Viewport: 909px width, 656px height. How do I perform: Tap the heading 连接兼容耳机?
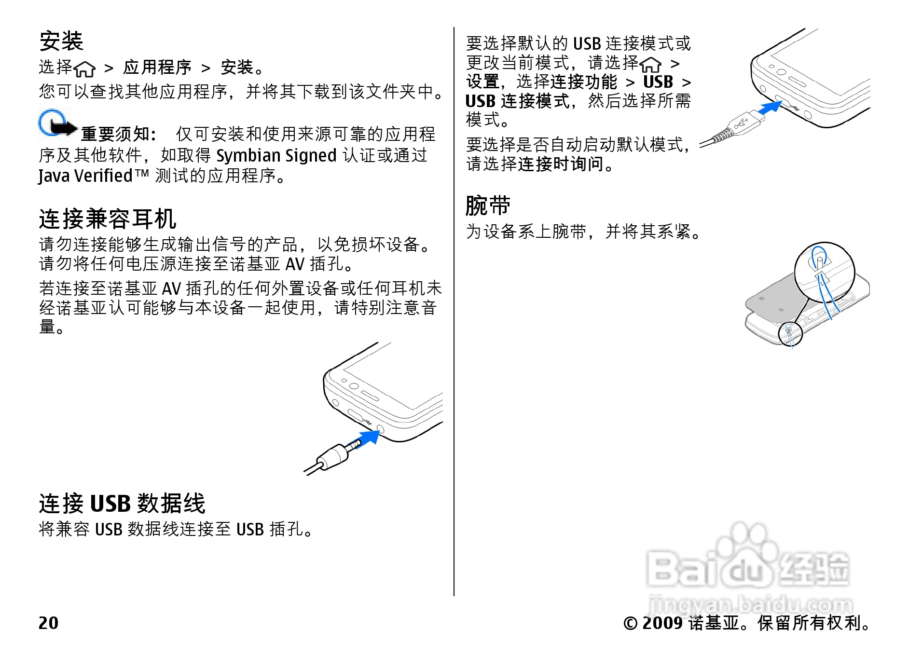point(108,219)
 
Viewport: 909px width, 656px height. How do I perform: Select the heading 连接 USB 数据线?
point(122,504)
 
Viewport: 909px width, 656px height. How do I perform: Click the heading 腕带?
point(488,206)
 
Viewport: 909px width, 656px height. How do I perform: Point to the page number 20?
point(48,623)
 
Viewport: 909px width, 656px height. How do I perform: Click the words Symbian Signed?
point(276,156)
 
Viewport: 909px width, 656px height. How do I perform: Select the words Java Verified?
point(85,176)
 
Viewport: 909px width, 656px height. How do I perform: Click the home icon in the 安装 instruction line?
point(85,69)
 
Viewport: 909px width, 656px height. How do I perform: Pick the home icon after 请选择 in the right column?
point(650,64)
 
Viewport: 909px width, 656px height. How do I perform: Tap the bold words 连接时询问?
point(561,164)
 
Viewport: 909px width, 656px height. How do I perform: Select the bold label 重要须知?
point(118,134)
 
